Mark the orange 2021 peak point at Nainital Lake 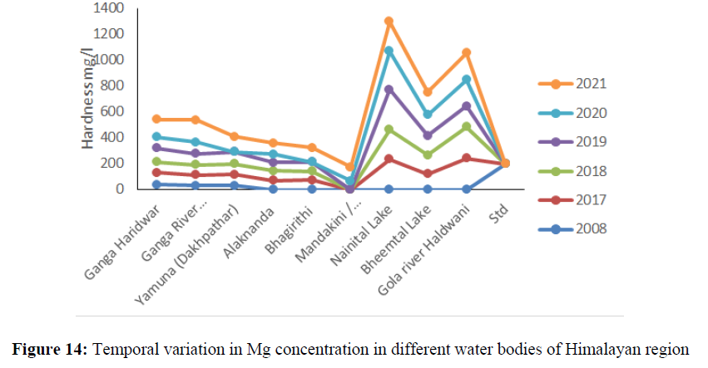click(388, 21)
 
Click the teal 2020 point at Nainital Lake click(388, 51)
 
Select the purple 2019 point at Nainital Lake click(388, 89)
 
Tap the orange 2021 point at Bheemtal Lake click(427, 91)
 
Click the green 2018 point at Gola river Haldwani click(466, 126)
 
